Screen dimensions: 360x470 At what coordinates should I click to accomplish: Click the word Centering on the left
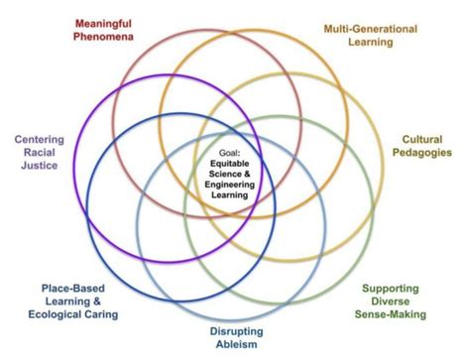40,137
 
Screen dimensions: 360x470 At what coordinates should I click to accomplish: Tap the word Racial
40,152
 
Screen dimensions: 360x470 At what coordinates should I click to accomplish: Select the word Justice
40,167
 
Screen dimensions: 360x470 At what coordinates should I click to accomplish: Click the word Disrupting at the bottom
236,330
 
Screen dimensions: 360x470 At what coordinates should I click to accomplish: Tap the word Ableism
236,345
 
